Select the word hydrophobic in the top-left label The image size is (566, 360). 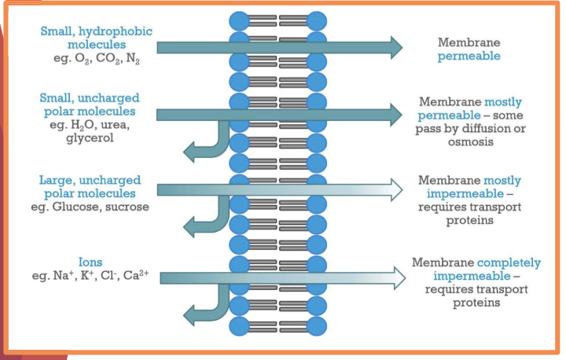pyautogui.click(x=119, y=31)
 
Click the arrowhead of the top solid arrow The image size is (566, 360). pyautogui.click(x=395, y=48)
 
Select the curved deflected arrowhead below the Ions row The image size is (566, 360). pyautogui.click(x=190, y=316)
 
